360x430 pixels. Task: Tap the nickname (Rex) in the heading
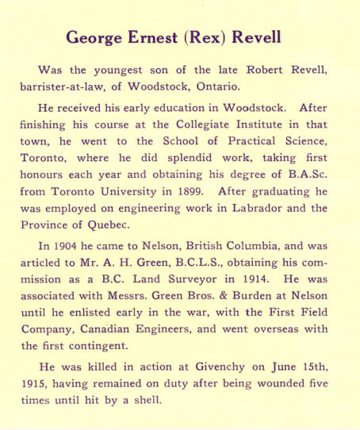pos(214,38)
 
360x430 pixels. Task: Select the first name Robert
pos(261,71)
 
